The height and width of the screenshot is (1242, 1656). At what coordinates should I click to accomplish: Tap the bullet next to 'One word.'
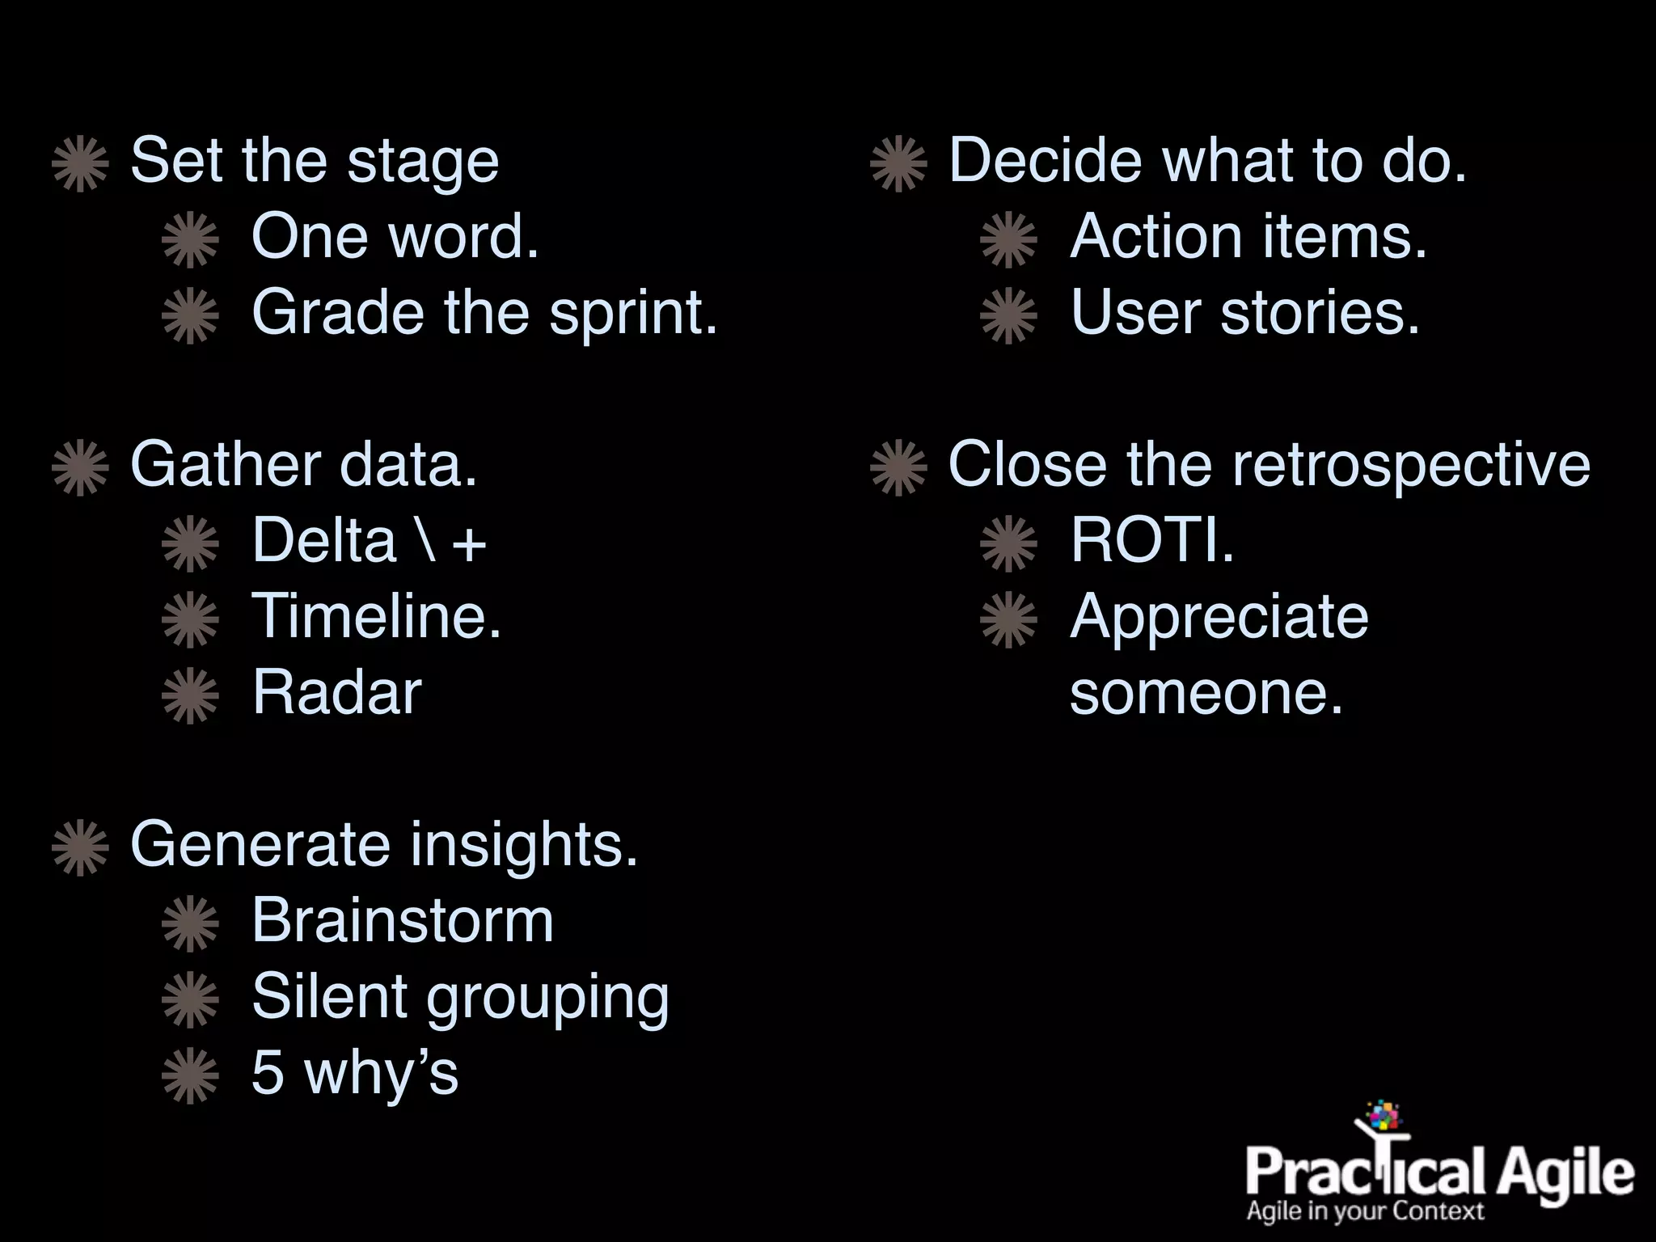(x=190, y=239)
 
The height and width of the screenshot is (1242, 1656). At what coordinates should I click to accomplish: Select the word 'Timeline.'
(x=377, y=617)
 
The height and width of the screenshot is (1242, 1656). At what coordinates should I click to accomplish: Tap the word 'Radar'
(x=336, y=693)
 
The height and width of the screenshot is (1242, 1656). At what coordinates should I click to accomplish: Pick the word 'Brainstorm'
(x=402, y=921)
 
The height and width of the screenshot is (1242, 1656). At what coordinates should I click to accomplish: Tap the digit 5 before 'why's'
(x=268, y=1073)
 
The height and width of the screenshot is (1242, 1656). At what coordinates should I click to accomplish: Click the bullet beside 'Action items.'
(x=1008, y=239)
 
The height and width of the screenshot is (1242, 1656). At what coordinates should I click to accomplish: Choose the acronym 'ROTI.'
(x=1151, y=541)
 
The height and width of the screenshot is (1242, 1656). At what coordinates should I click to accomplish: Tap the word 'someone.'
(x=1206, y=694)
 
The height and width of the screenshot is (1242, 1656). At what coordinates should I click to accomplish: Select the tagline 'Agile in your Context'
(x=1366, y=1211)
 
